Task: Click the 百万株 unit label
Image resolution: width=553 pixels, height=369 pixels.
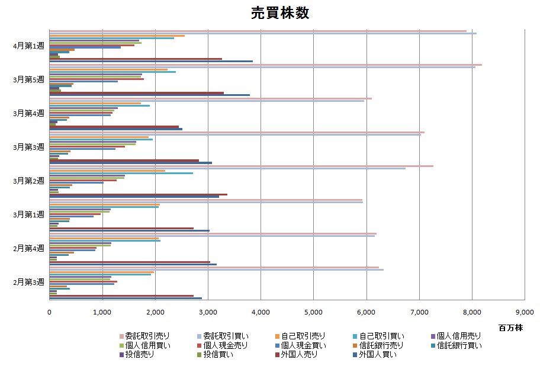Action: [x=510, y=327]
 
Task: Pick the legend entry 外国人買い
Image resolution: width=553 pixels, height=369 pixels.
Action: [x=380, y=355]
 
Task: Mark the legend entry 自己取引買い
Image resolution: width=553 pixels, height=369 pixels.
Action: [x=380, y=336]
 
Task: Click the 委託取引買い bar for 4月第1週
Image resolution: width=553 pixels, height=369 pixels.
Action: [x=263, y=33]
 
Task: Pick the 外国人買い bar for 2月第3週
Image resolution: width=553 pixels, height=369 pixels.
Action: [x=126, y=298]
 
